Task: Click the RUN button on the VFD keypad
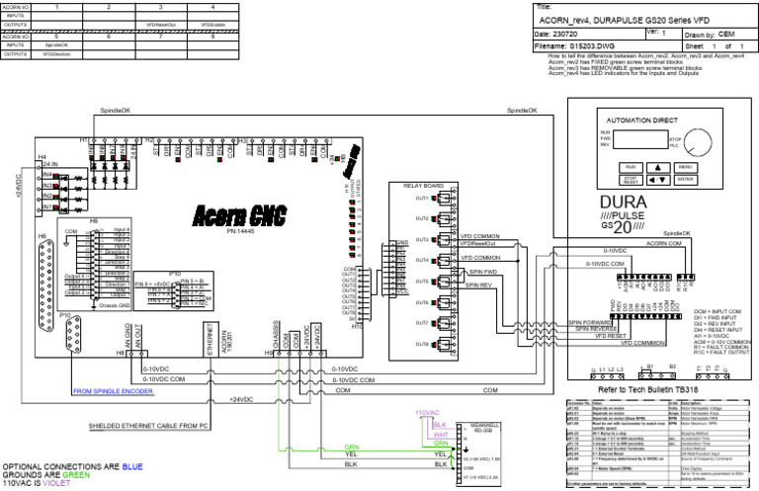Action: (x=630, y=167)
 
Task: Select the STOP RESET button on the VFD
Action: (x=630, y=181)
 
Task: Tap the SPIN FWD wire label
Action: (x=482, y=272)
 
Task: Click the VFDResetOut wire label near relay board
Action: (x=478, y=243)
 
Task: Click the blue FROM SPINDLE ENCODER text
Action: (x=115, y=390)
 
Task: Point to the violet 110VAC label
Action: (x=427, y=412)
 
